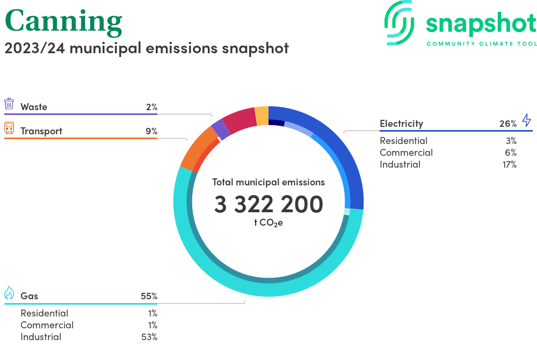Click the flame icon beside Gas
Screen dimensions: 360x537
tap(9, 293)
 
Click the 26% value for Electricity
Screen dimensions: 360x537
tap(507, 124)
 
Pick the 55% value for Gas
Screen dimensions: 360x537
tap(149, 296)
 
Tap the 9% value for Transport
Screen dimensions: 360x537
tap(151, 131)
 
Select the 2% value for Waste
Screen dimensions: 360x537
tap(151, 107)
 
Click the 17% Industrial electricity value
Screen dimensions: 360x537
tap(510, 164)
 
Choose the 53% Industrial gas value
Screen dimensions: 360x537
tap(148, 337)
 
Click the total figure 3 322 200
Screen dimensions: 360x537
tap(268, 204)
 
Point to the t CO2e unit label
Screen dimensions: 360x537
tap(268, 222)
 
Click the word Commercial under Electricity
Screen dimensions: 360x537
tap(406, 153)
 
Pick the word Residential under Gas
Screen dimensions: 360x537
tap(45, 313)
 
